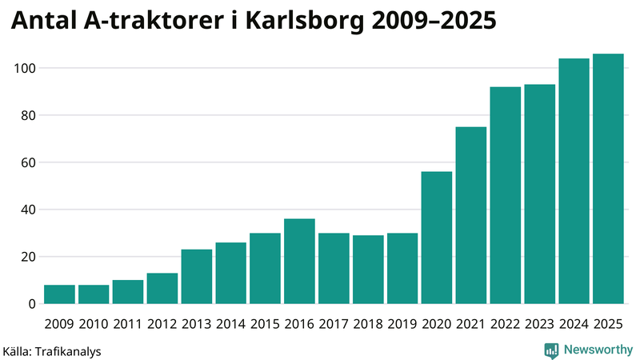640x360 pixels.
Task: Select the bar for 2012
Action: (x=162, y=289)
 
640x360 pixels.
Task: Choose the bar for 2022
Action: (x=506, y=195)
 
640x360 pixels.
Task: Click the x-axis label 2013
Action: (x=196, y=324)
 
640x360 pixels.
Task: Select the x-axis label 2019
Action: (x=402, y=324)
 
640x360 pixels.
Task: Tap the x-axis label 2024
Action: (x=574, y=324)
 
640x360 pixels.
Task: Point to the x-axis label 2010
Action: (x=94, y=324)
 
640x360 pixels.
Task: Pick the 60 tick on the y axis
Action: (x=29, y=162)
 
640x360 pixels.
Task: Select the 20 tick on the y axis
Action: (x=29, y=257)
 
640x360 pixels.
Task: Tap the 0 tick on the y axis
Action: (x=33, y=304)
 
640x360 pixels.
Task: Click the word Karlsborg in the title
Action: (x=303, y=23)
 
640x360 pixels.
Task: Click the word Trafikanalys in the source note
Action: (x=69, y=351)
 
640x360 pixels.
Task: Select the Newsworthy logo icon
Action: (x=551, y=350)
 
